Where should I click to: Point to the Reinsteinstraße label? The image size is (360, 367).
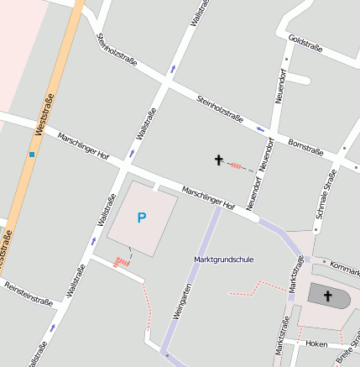[x=29, y=293]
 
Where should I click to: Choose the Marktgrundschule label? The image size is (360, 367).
[x=223, y=260]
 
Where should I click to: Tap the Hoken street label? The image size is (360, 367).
[x=316, y=343]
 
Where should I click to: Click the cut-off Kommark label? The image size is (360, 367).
[x=345, y=268]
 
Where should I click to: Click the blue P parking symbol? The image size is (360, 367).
[x=142, y=218]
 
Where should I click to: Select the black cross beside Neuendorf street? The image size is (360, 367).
[x=220, y=160]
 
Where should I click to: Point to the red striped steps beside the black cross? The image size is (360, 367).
[x=237, y=165]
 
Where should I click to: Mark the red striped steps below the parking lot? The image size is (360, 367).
[x=123, y=261]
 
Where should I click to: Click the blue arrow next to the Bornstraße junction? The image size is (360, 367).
[x=260, y=128]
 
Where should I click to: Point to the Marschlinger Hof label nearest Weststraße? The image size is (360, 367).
[x=83, y=144]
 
